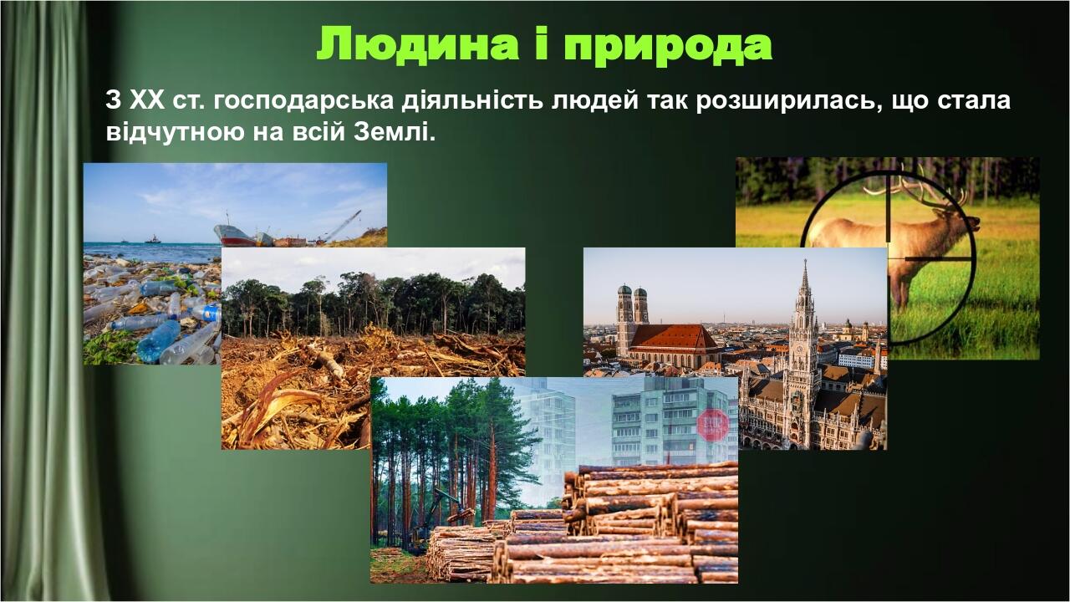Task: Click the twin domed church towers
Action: click(x=633, y=314)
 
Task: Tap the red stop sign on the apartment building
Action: click(x=713, y=424)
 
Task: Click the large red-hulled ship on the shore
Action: click(x=234, y=236)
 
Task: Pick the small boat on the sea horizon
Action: click(x=153, y=240)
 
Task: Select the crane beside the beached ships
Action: click(x=343, y=226)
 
